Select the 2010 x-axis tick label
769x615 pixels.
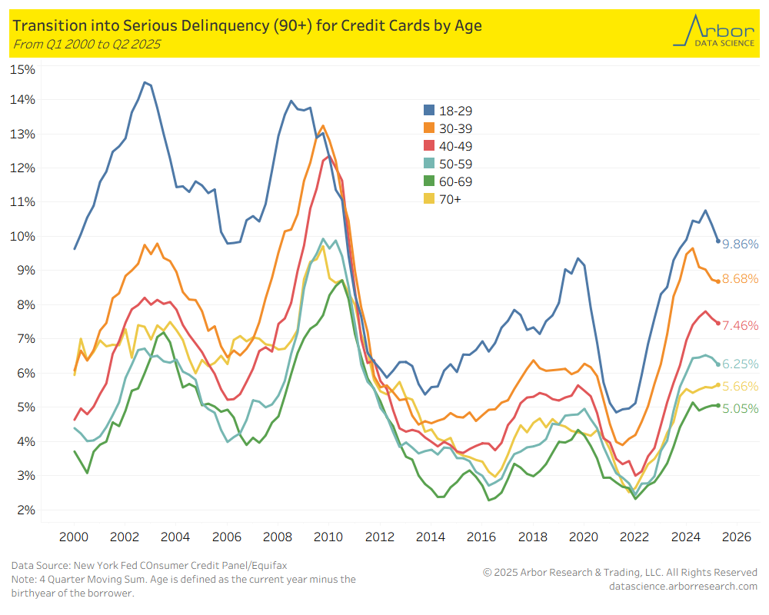point(328,536)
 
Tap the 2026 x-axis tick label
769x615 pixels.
point(736,536)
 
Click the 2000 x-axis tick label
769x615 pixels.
point(74,536)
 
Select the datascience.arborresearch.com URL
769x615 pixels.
point(683,587)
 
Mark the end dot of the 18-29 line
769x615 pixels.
point(718,241)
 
